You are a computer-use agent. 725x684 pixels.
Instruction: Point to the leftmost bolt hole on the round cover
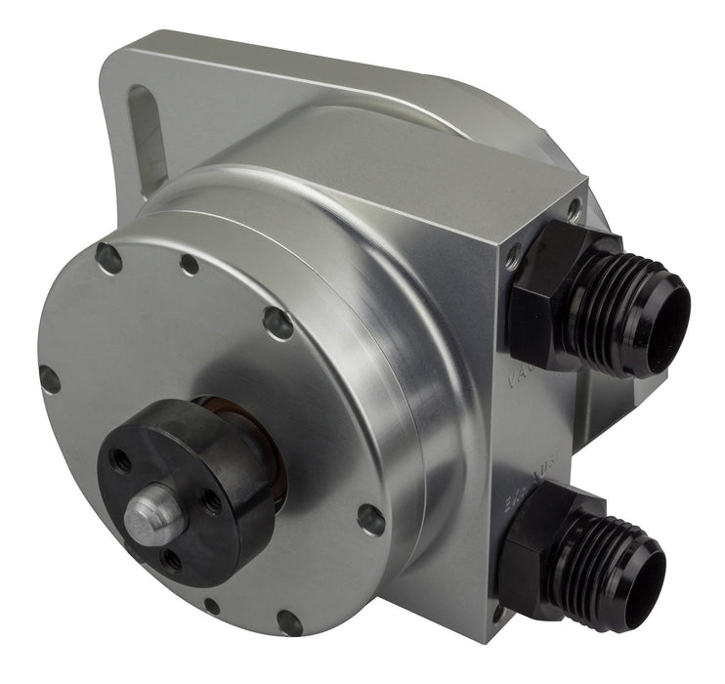coord(49,378)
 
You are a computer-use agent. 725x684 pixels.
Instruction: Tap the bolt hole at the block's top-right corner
coord(574,207)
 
